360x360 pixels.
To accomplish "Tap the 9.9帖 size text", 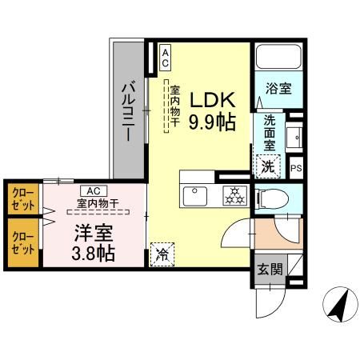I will click(212, 122).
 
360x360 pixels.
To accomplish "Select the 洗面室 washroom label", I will click(270, 134).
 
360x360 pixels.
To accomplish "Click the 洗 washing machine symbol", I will click(269, 168).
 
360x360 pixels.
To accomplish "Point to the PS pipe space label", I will click(296, 168).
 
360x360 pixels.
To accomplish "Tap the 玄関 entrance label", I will click(269, 269).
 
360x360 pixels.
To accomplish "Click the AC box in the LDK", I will click(166, 56).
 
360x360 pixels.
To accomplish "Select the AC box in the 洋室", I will click(93, 190).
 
